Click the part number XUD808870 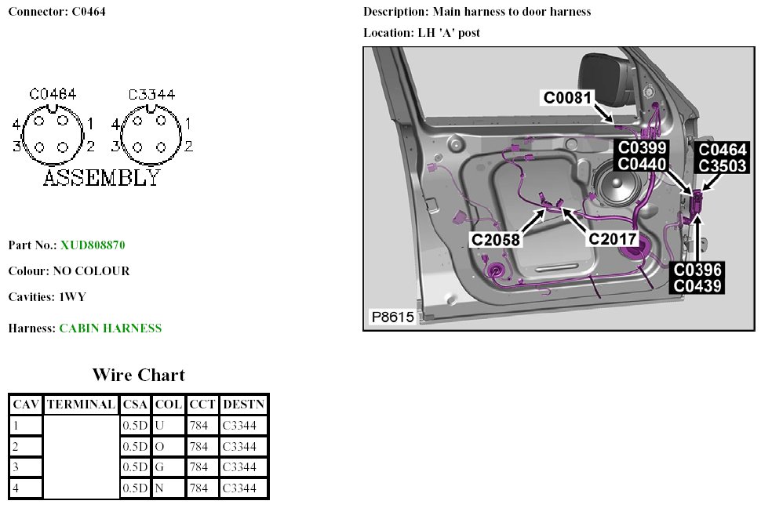point(93,245)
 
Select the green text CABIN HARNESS point(111,328)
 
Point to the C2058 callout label point(495,240)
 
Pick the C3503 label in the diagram point(723,165)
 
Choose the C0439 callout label point(697,286)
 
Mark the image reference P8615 point(393,317)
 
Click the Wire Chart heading point(139,375)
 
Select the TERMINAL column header point(82,405)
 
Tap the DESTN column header point(244,405)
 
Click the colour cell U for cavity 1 point(159,426)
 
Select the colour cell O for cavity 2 point(159,447)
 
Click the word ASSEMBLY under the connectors point(101,178)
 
